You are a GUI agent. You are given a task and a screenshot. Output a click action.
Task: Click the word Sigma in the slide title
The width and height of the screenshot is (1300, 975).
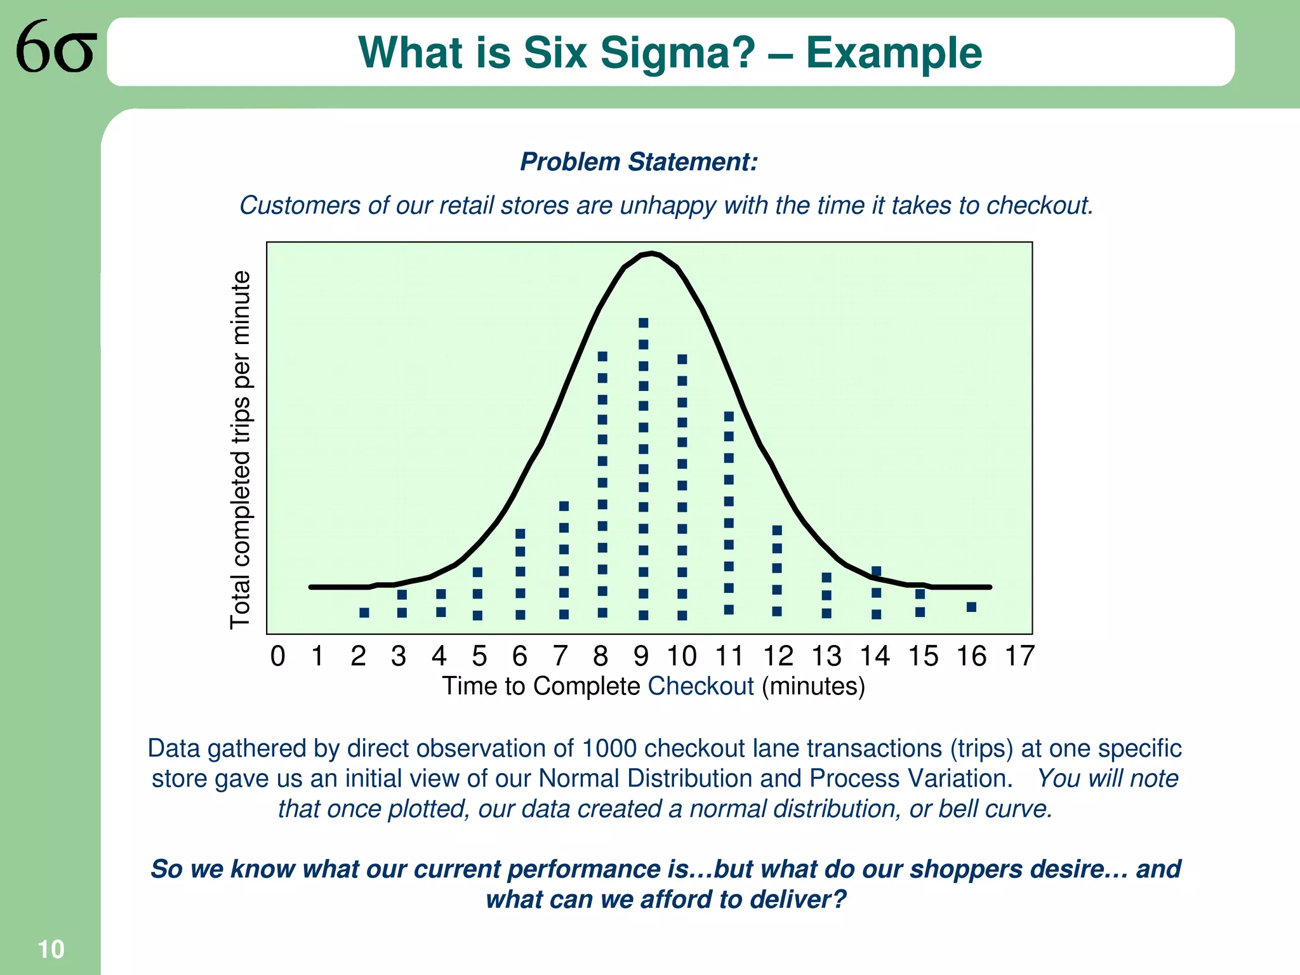677,53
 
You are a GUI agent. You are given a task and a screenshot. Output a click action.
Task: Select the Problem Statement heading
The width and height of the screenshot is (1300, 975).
639,162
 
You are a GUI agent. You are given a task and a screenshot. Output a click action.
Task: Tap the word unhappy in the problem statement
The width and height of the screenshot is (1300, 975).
668,206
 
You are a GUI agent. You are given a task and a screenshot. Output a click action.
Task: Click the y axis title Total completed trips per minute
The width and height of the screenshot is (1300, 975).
241,449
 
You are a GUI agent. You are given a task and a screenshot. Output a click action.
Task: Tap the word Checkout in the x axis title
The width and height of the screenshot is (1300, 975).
700,687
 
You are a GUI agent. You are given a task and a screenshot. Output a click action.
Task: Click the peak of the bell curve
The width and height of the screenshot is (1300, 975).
651,254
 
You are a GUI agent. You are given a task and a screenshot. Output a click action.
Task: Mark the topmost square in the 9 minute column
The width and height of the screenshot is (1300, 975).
643,323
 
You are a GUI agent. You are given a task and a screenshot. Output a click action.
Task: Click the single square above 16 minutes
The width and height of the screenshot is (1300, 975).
971,607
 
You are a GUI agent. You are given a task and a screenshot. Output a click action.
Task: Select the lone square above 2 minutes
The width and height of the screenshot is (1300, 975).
364,613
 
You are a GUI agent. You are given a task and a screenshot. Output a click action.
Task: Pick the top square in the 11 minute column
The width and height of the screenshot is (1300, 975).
729,416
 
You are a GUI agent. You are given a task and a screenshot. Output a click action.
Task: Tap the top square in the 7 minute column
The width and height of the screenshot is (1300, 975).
564,506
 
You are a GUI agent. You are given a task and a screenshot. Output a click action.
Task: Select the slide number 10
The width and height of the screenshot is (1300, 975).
51,950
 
